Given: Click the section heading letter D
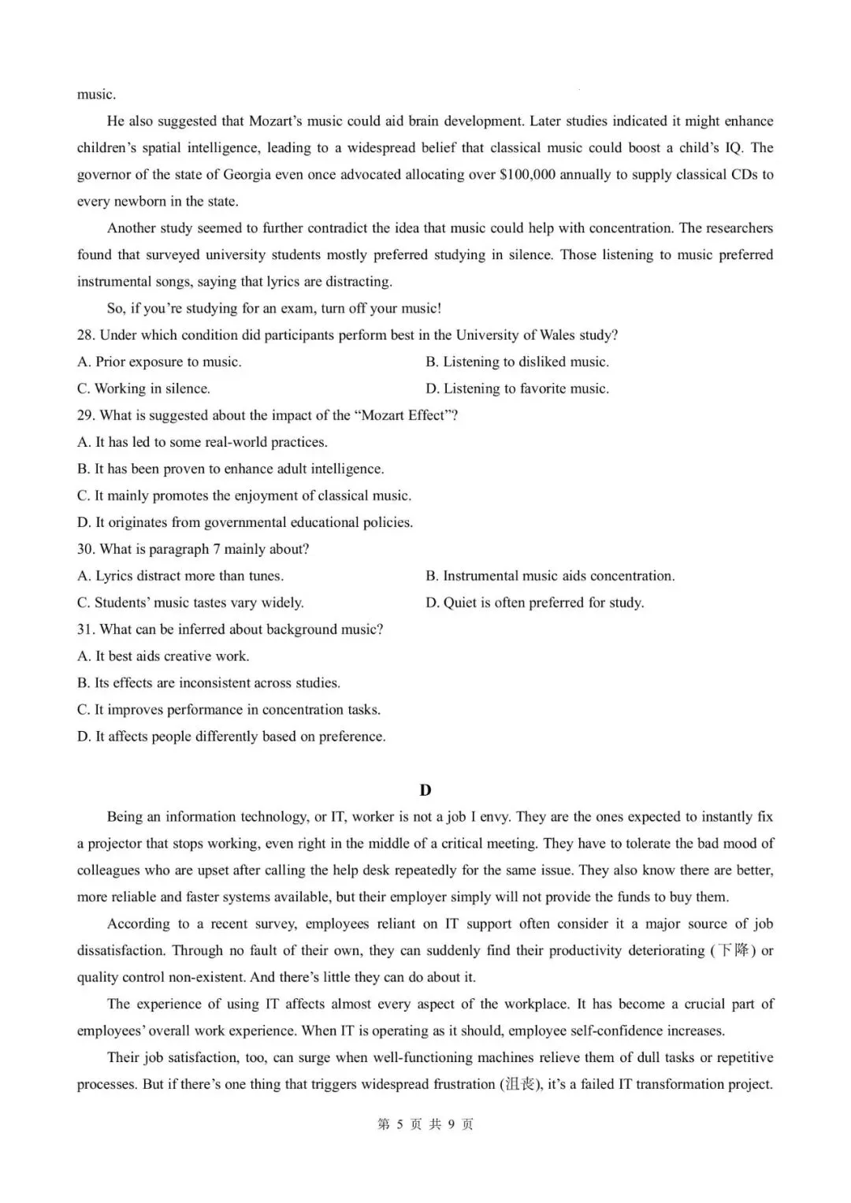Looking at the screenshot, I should point(425,790).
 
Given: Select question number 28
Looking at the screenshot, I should point(86,335).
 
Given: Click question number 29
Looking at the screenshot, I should point(86,415).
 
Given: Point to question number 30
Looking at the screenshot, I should point(86,549).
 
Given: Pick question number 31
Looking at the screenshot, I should point(86,629).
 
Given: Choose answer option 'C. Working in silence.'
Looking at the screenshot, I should point(143,388).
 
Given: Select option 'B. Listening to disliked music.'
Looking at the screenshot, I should point(517,362).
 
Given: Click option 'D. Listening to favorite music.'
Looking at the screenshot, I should point(517,388).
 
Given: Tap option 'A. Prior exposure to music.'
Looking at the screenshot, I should point(159,362).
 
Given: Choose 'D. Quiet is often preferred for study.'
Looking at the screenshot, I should point(534,603).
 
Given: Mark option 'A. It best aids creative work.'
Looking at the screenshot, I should point(163,656).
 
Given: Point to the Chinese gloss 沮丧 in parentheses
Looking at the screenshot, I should point(517,1084).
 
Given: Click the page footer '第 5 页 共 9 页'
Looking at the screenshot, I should point(425,1124).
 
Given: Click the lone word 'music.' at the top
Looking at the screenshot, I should point(96,95).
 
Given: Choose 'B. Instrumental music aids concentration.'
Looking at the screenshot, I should point(550,576).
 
